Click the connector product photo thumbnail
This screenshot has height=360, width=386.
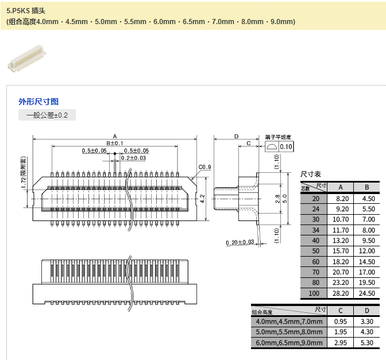[27, 59]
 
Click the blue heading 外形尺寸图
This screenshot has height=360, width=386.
[38, 102]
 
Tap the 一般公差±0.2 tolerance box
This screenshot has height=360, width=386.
[47, 115]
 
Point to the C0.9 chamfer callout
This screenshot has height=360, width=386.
[205, 167]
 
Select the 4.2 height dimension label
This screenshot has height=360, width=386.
[202, 199]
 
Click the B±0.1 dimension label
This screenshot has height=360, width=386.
[115, 143]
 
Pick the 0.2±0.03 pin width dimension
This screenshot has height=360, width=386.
[133, 158]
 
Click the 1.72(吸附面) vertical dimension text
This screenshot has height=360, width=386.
[24, 172]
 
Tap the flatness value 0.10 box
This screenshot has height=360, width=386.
[286, 146]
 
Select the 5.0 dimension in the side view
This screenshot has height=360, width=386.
[285, 199]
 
